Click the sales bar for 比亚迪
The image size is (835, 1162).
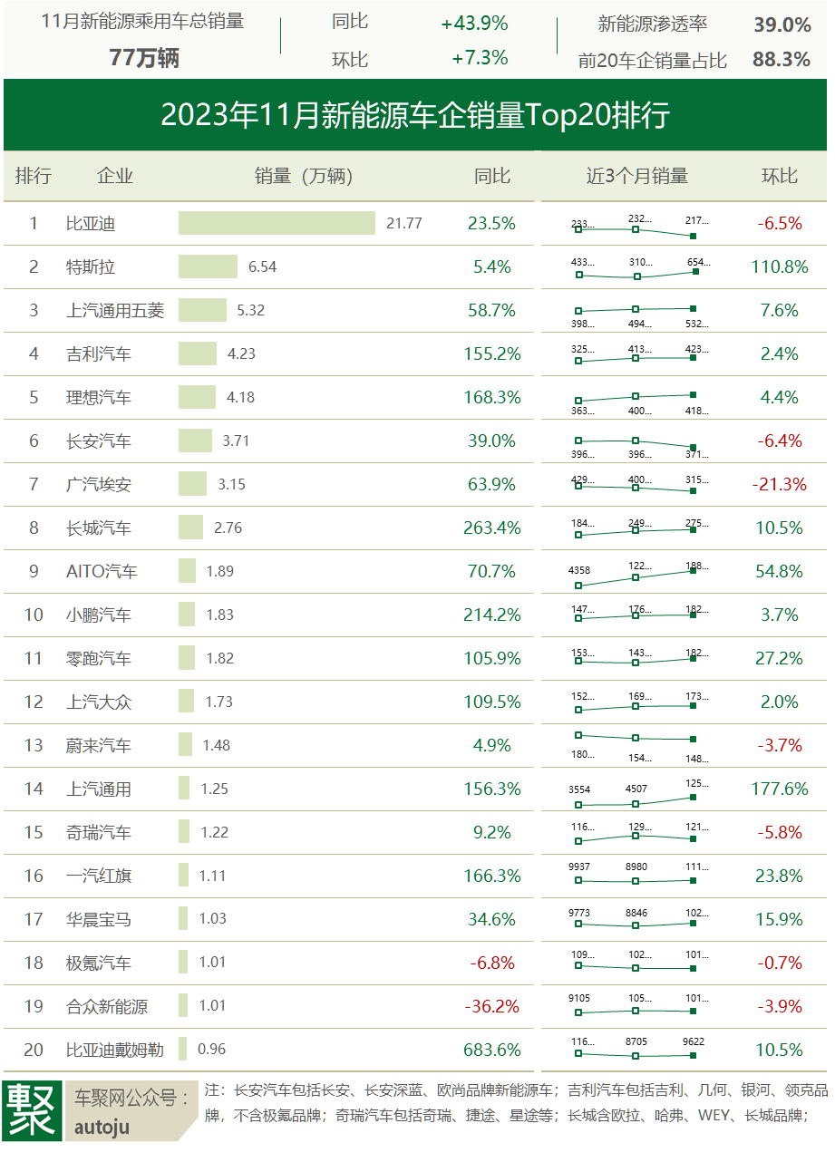click(x=277, y=223)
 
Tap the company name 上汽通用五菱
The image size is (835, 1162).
click(x=115, y=310)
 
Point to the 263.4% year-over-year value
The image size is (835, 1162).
click(x=492, y=528)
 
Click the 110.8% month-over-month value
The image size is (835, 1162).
click(x=779, y=266)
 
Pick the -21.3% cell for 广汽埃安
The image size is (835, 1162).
click(x=779, y=484)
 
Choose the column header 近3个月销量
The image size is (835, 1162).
click(x=636, y=176)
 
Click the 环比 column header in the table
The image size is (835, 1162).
click(x=779, y=176)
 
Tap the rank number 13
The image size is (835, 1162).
click(x=34, y=745)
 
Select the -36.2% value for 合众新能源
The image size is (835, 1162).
click(x=492, y=1006)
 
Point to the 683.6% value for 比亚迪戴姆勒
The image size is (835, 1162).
click(x=492, y=1050)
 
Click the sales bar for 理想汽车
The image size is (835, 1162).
click(x=197, y=397)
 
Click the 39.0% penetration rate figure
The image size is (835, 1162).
click(x=782, y=24)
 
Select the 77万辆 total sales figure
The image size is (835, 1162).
click(x=143, y=58)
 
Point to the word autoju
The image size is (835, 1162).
click(x=102, y=1128)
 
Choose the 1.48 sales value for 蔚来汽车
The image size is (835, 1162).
click(x=216, y=745)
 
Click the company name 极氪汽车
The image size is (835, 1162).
click(x=99, y=963)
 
